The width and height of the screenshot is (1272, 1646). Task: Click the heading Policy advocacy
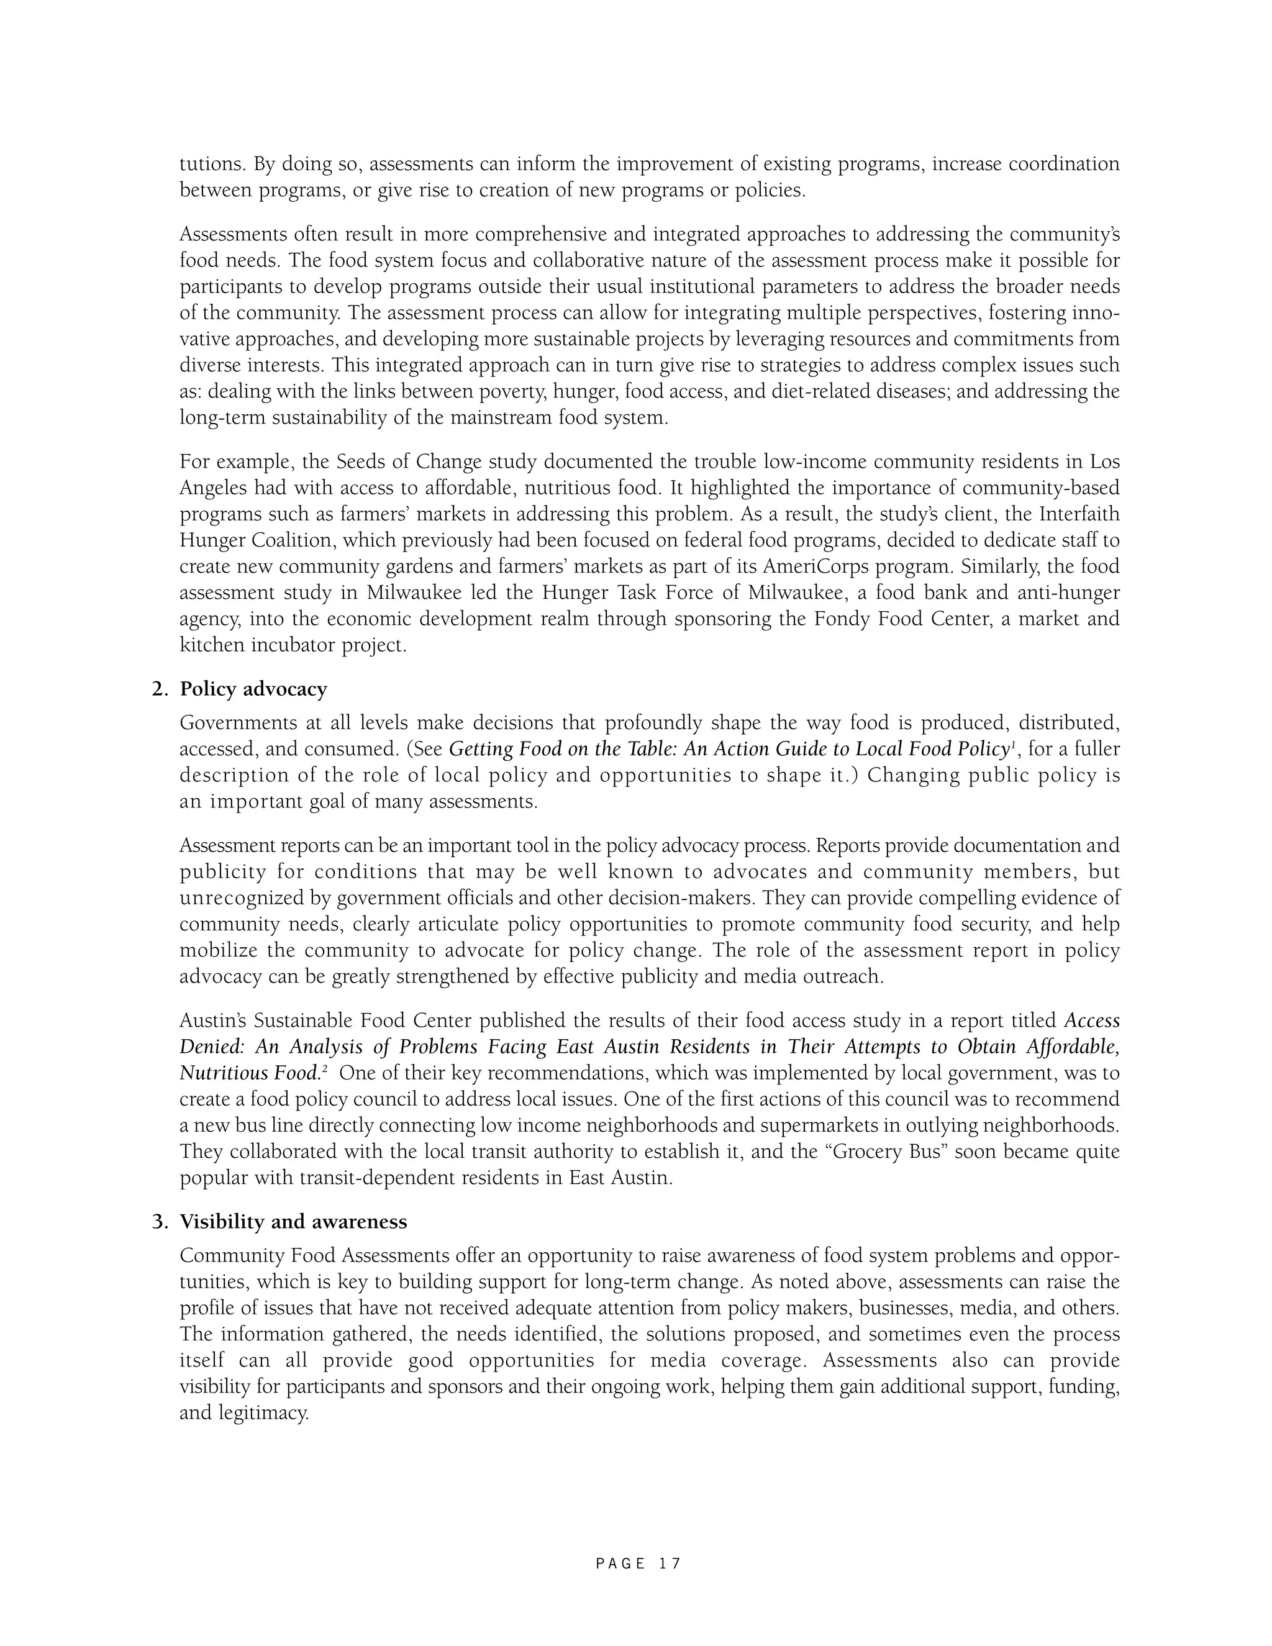[x=253, y=689]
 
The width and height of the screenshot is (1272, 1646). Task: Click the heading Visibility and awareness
[x=293, y=1222]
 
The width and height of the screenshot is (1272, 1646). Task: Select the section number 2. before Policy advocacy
[x=160, y=689]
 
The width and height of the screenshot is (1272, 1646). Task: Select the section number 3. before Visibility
[x=160, y=1222]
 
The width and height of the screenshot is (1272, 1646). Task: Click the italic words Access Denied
[x=1091, y=1021]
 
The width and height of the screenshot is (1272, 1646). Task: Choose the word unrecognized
[x=243, y=898]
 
